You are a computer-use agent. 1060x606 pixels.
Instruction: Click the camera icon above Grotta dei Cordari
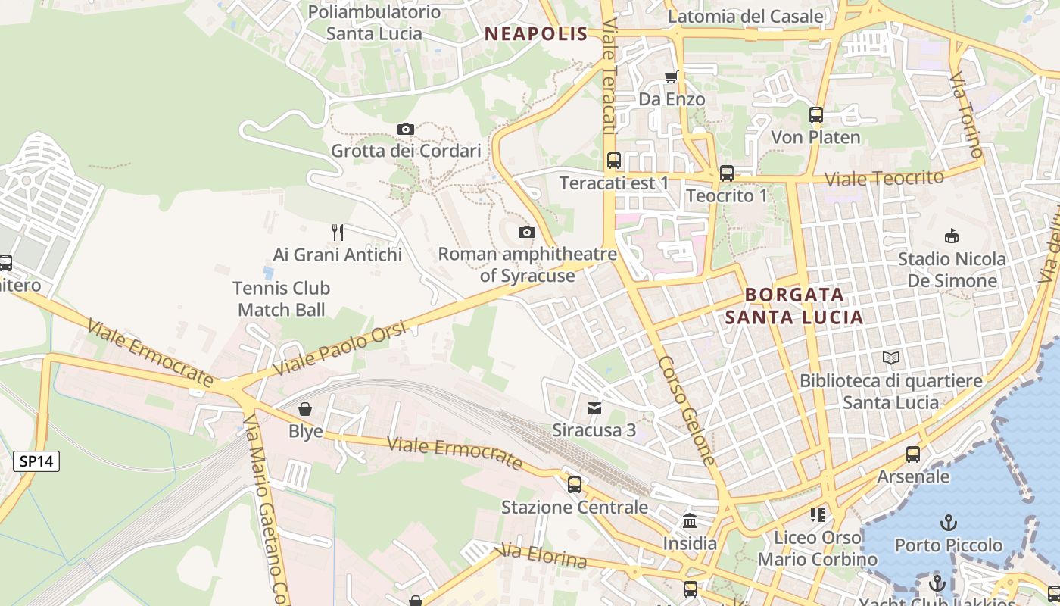click(x=406, y=130)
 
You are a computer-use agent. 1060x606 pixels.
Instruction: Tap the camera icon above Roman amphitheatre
click(x=527, y=233)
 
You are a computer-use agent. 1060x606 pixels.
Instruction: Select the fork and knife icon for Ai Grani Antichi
click(x=338, y=233)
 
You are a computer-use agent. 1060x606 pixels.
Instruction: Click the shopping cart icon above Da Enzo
click(x=671, y=77)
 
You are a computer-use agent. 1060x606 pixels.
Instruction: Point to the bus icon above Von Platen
click(x=815, y=116)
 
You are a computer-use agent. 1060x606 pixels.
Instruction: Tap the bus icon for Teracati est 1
click(x=613, y=161)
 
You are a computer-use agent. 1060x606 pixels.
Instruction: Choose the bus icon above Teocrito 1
click(x=726, y=173)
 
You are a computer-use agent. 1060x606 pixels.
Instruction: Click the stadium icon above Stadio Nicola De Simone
click(x=952, y=236)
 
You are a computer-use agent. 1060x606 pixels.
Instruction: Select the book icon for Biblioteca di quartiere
click(x=891, y=358)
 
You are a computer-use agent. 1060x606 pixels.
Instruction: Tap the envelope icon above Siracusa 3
click(x=594, y=409)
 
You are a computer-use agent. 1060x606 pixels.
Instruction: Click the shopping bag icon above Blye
click(x=305, y=410)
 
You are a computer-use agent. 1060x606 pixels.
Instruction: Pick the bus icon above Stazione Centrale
click(x=575, y=485)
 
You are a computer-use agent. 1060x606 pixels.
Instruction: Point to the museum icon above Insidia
click(x=690, y=521)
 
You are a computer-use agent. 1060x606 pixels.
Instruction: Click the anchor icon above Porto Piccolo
click(x=948, y=523)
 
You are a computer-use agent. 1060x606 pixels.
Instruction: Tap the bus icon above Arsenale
click(x=913, y=454)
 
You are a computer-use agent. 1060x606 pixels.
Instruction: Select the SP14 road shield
click(x=36, y=461)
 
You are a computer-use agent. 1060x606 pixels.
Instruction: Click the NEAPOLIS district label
click(x=536, y=33)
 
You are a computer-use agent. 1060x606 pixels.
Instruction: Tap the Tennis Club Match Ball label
click(x=281, y=298)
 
